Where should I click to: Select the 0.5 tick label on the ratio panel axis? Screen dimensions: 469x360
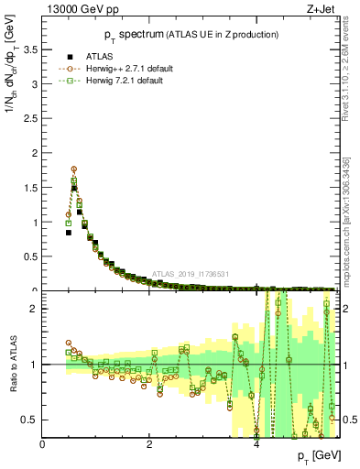click(30, 420)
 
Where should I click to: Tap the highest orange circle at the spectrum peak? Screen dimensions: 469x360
click(73, 169)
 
